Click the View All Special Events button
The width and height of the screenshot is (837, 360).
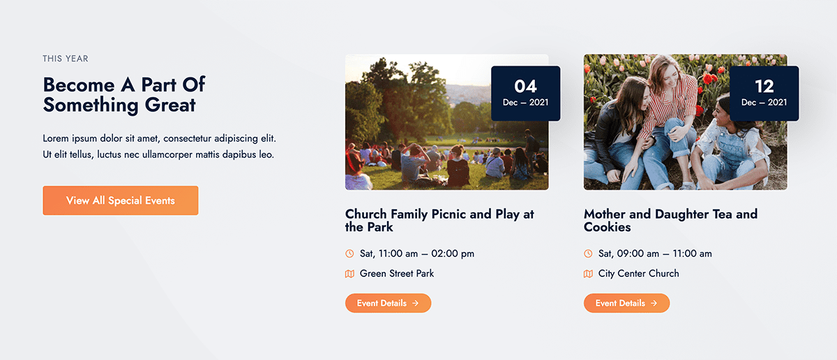[120, 200]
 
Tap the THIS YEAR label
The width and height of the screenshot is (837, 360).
[66, 59]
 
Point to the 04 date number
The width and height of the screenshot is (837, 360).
[525, 87]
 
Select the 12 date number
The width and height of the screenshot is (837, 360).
[764, 87]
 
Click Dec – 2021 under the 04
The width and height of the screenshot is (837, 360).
[525, 103]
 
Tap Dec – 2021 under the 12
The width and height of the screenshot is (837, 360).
[764, 103]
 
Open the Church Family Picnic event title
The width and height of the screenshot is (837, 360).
[439, 220]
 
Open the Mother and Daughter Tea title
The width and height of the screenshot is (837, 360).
[671, 220]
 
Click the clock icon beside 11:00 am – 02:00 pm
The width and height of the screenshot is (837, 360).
[349, 253]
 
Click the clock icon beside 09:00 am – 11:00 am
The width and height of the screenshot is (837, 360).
[588, 253]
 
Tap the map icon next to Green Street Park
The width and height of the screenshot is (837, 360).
[349, 273]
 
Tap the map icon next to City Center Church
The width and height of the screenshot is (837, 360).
[588, 273]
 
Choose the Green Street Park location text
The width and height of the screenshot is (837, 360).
[397, 273]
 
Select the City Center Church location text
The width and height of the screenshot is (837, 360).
[639, 273]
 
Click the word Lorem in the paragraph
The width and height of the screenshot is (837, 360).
[56, 138]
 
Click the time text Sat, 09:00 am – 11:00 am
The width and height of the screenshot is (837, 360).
[655, 253]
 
